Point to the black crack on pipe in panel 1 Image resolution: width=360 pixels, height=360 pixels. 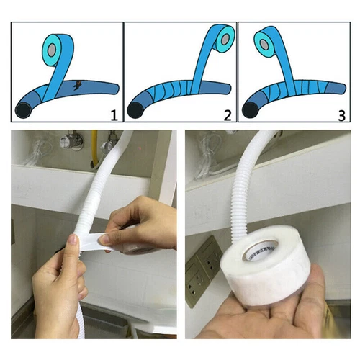[x=76, y=88]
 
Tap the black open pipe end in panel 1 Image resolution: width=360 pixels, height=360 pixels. [x=24, y=110]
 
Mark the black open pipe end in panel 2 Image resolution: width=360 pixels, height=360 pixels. [x=135, y=110]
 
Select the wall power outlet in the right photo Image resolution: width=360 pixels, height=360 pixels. [x=203, y=261]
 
